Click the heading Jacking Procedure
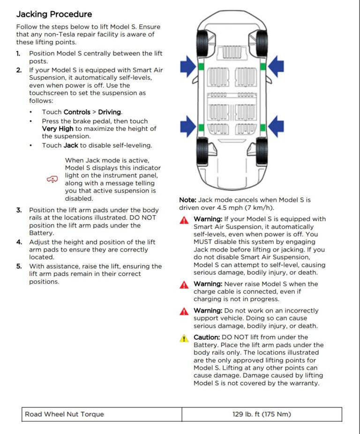pyautogui.click(x=54, y=14)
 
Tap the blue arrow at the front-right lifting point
pyautogui.click(x=276, y=66)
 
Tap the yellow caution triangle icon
pyautogui.click(x=185, y=338)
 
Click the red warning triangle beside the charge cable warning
pyautogui.click(x=185, y=285)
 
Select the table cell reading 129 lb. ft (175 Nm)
pyautogui.click(x=262, y=414)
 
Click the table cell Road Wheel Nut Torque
pyautogui.click(x=64, y=414)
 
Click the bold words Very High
pyautogui.click(x=58, y=129)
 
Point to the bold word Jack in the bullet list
pyautogui.click(x=71, y=145)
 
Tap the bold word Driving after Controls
pyautogui.click(x=110, y=112)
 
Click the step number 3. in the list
pyautogui.click(x=19, y=210)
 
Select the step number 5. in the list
pyautogui.click(x=19, y=266)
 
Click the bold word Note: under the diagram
pyautogui.click(x=187, y=200)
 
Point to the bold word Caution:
pyautogui.click(x=207, y=337)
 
